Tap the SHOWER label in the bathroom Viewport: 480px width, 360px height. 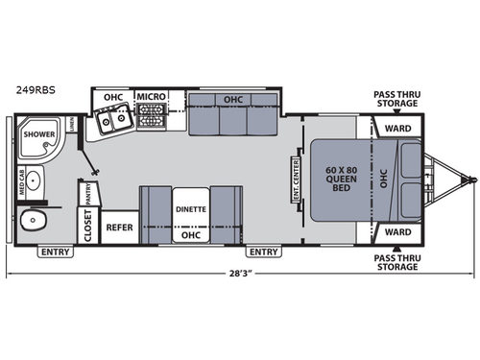click(39, 134)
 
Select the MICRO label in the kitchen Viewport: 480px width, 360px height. click(151, 97)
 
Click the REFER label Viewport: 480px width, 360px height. click(119, 228)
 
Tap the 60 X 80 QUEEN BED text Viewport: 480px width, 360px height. click(343, 180)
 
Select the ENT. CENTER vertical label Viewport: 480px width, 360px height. click(297, 180)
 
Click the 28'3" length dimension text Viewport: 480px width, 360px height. click(240, 274)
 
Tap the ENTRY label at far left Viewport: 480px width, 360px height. click(56, 252)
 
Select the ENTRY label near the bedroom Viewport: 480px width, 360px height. click(263, 252)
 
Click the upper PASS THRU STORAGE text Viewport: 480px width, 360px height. click(396, 99)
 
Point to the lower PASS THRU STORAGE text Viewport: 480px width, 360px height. click(396, 261)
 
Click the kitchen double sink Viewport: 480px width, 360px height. click(114, 121)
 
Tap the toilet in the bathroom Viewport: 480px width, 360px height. click(34, 222)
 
